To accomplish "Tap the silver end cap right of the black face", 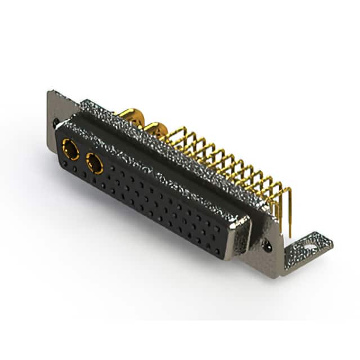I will [242, 238].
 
